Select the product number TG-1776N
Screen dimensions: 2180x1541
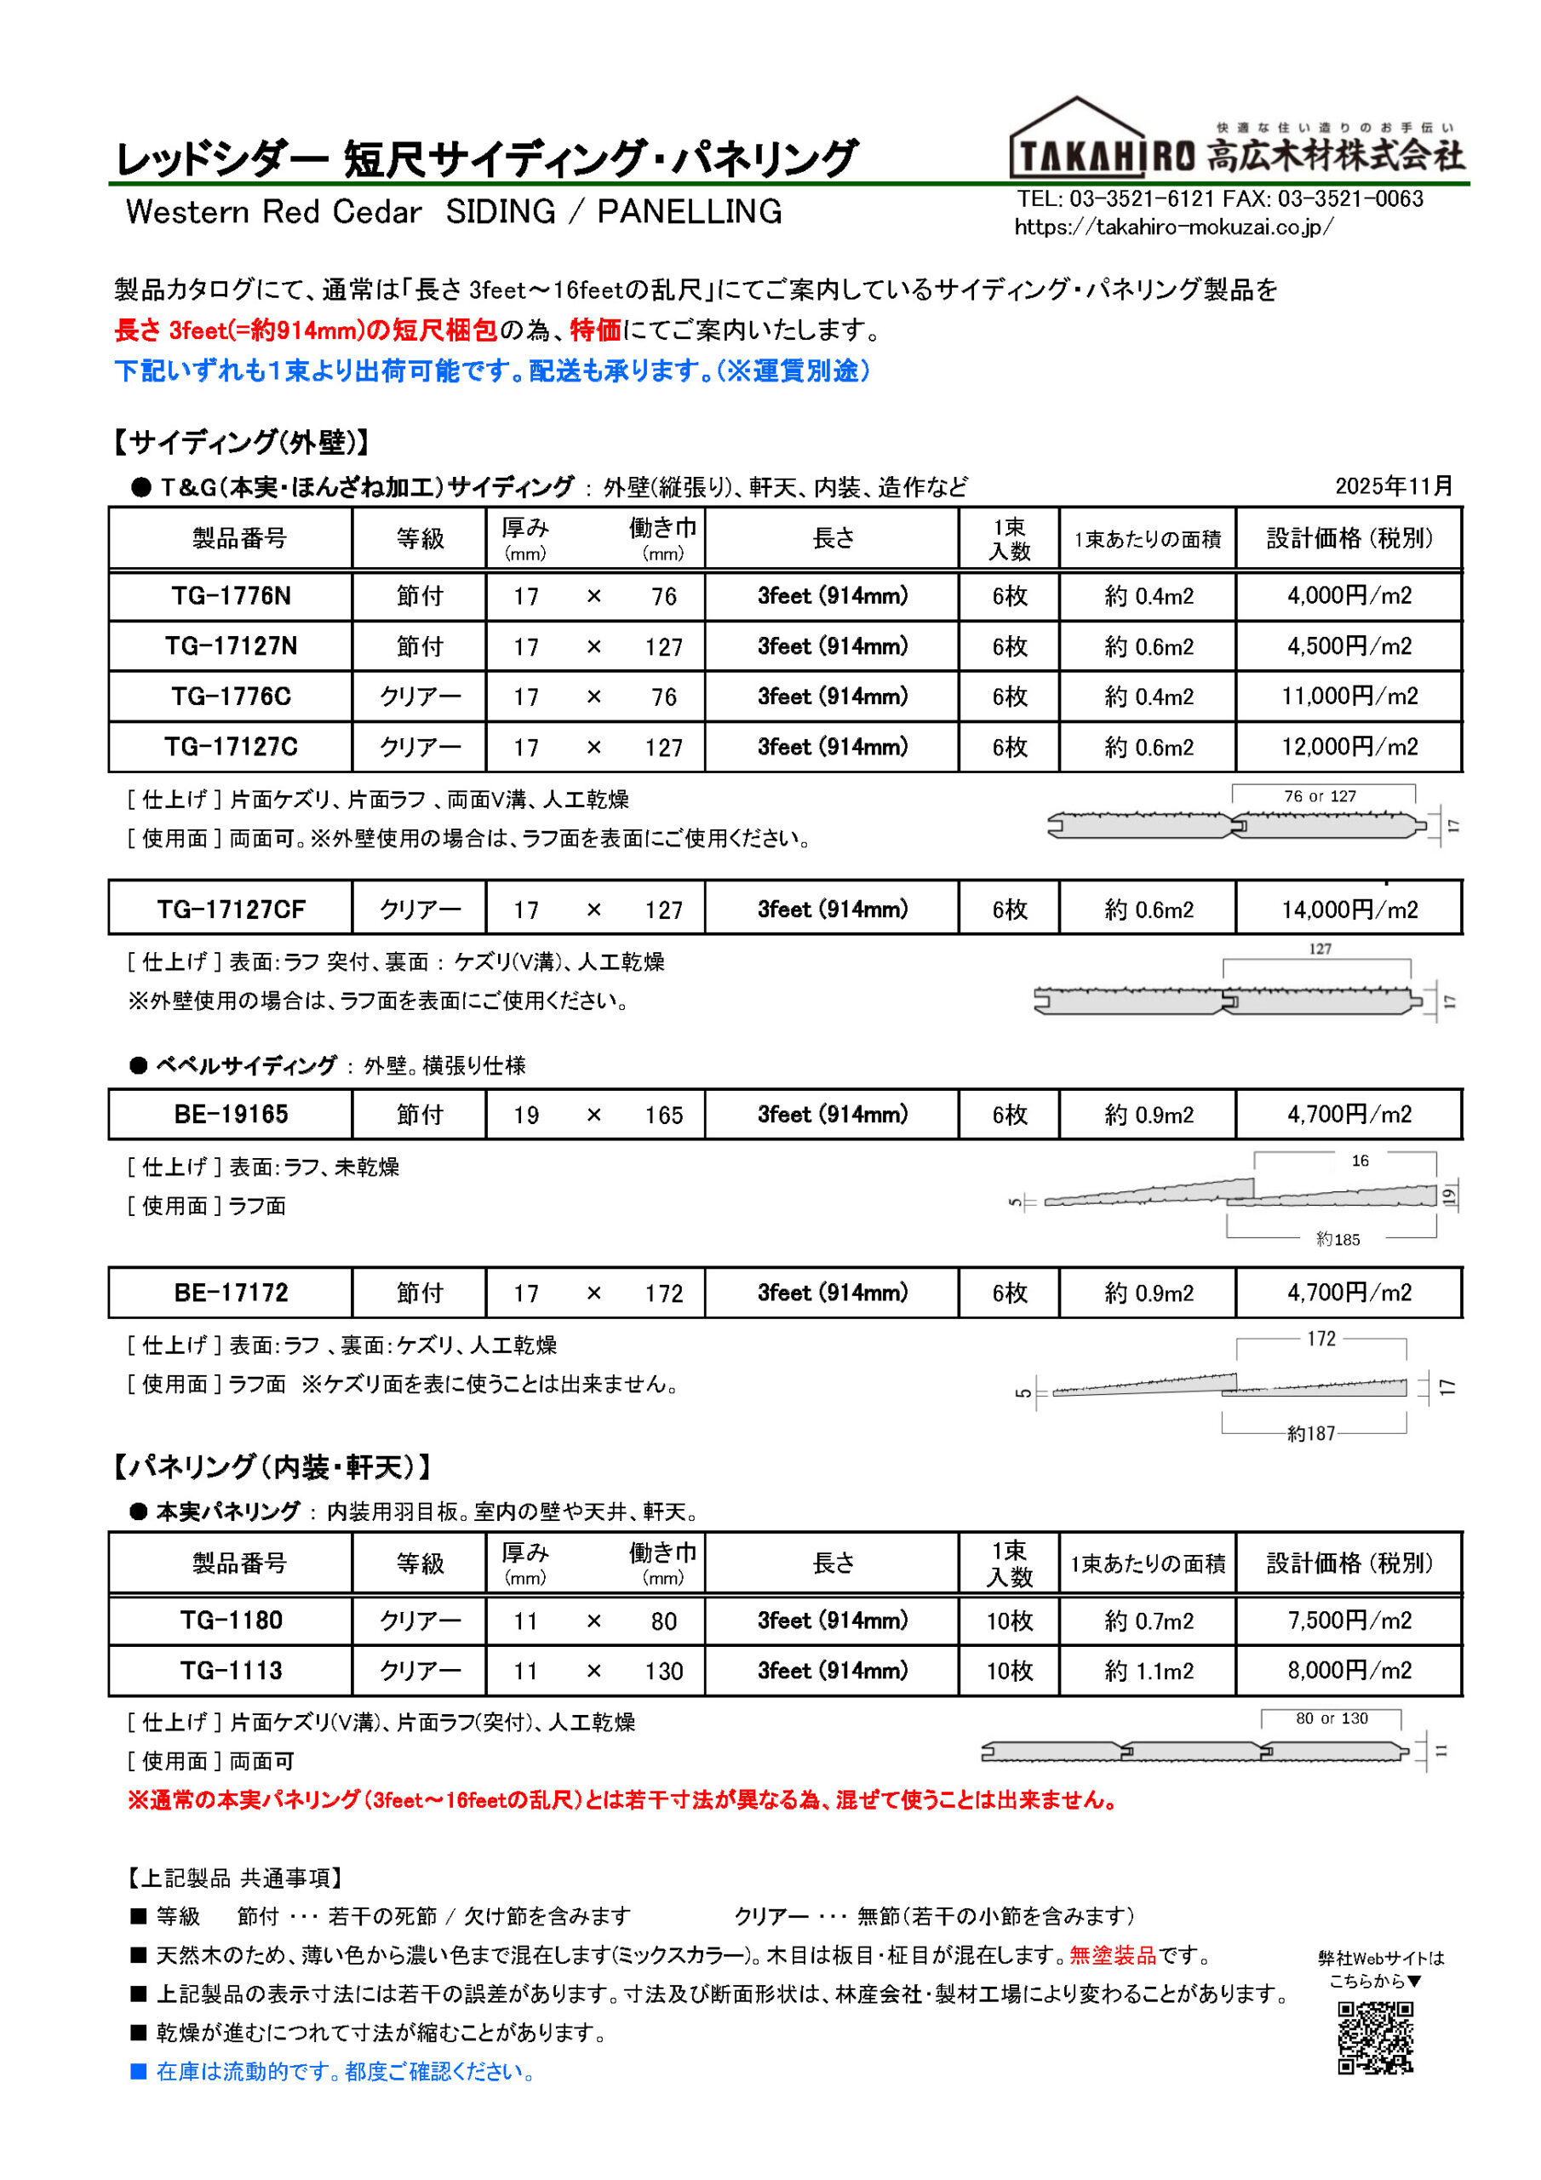pos(231,596)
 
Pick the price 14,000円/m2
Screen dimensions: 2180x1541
pos(1349,909)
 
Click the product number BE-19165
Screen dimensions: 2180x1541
pos(231,1115)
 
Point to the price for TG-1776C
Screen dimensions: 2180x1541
pos(1349,697)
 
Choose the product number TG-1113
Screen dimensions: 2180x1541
pos(231,1671)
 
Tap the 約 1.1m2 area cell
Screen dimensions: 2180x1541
pos(1148,1671)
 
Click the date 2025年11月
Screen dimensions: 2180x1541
pos(1393,486)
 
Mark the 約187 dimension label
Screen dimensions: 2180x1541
pos(1310,1434)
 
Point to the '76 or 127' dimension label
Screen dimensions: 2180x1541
pos(1320,796)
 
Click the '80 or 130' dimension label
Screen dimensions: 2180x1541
pos(1332,1718)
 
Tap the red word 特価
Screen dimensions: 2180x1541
pos(595,330)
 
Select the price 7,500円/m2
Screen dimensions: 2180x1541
pos(1349,1621)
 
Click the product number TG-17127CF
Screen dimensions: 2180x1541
pos(231,909)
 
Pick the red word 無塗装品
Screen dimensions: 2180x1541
pos(1113,1955)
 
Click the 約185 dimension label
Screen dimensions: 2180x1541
pos(1338,1239)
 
